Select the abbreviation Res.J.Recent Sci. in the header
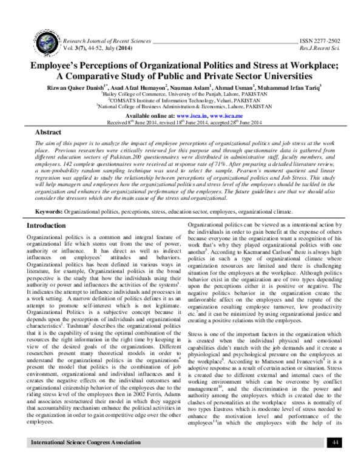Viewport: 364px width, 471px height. [320, 46]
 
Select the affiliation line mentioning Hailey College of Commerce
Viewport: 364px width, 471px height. [182, 95]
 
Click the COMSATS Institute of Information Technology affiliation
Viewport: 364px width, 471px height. [182, 101]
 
